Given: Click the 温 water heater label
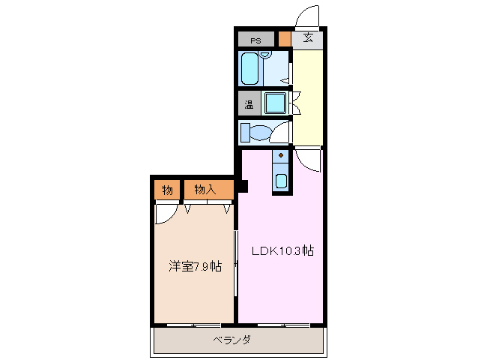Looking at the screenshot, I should [x=249, y=104].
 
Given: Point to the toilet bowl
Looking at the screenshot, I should [x=259, y=133].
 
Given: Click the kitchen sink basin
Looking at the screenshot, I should [x=280, y=181].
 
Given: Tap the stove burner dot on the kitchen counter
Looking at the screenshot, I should [x=280, y=156].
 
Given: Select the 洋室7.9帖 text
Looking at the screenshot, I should [x=194, y=266].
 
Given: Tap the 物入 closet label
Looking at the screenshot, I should [x=205, y=190].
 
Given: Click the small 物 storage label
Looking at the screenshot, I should [x=167, y=190].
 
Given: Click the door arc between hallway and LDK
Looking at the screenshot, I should [x=306, y=158].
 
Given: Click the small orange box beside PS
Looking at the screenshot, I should [x=284, y=40].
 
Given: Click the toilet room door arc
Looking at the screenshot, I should [x=281, y=132].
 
